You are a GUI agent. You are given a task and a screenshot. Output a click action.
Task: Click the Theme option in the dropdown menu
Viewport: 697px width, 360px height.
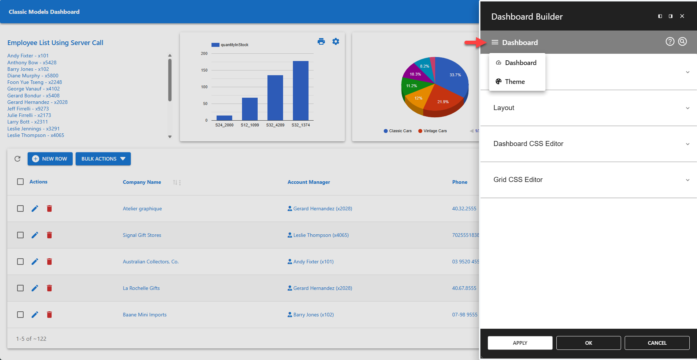click(x=515, y=82)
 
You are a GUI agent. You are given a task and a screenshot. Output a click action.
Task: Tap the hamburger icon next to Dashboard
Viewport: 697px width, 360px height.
click(x=495, y=43)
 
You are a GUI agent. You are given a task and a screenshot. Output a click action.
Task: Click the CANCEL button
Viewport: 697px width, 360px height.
click(x=657, y=343)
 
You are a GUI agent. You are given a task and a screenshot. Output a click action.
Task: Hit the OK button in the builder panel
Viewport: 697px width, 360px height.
click(x=588, y=343)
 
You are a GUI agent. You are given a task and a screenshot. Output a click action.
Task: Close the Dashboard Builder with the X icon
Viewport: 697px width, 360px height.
click(x=682, y=16)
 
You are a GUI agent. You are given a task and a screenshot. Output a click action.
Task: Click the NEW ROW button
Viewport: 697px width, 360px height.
click(x=50, y=159)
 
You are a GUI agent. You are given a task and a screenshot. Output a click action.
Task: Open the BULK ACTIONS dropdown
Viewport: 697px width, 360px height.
click(x=103, y=159)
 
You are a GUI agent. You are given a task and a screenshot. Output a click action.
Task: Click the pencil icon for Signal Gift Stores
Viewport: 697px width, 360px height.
click(x=35, y=235)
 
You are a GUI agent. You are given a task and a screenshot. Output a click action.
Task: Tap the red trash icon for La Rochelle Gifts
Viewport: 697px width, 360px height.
click(x=49, y=288)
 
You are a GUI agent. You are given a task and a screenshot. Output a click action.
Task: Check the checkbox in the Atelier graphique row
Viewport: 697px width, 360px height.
click(x=20, y=209)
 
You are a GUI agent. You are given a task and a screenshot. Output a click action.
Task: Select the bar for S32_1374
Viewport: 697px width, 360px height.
click(x=301, y=91)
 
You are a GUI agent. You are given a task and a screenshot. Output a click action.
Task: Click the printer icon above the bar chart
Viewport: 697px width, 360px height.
click(x=321, y=41)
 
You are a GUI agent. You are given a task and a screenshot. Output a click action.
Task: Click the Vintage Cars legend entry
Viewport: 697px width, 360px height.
click(x=435, y=131)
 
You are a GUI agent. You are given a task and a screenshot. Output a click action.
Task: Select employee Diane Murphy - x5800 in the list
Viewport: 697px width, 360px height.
click(x=33, y=76)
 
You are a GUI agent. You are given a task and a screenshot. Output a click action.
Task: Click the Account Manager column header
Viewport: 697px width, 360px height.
click(x=309, y=182)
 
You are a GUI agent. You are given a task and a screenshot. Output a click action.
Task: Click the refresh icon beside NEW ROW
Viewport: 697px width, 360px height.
click(x=17, y=159)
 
